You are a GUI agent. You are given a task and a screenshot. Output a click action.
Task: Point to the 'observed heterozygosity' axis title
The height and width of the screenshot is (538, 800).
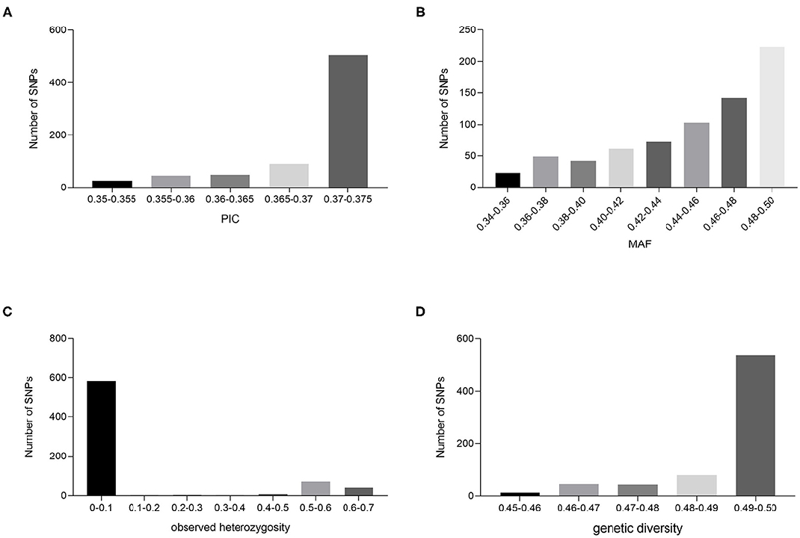(x=219, y=530)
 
